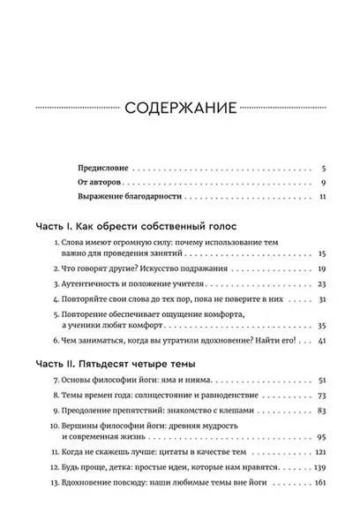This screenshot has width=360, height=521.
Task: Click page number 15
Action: click(323, 253)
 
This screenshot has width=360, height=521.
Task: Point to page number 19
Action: click(323, 268)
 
